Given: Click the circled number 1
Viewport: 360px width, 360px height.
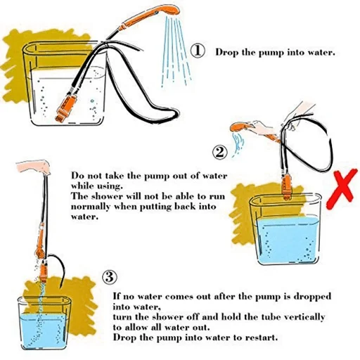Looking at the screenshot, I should [198, 52].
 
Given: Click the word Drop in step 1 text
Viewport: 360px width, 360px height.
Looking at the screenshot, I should [226, 53].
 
